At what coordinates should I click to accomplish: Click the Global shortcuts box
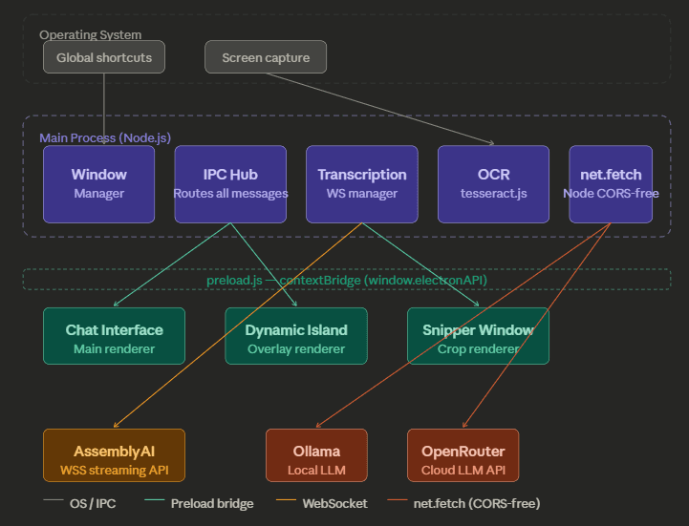pyautogui.click(x=104, y=57)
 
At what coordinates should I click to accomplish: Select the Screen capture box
pyautogui.click(x=266, y=57)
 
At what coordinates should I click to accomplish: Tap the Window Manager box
pyautogui.click(x=98, y=184)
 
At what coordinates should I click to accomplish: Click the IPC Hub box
pyautogui.click(x=230, y=184)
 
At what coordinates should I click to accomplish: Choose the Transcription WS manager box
pyautogui.click(x=361, y=184)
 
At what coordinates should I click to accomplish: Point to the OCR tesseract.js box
pyautogui.click(x=493, y=184)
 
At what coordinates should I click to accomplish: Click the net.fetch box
pyautogui.click(x=611, y=184)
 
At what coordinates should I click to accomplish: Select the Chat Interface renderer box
pyautogui.click(x=114, y=336)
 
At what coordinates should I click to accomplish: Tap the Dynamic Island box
pyautogui.click(x=295, y=336)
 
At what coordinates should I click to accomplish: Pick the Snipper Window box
pyautogui.click(x=478, y=336)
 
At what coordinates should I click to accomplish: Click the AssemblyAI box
pyautogui.click(x=114, y=455)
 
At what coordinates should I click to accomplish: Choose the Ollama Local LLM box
pyautogui.click(x=316, y=455)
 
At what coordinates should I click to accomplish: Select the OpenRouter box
pyautogui.click(x=463, y=455)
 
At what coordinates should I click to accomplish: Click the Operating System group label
pyautogui.click(x=90, y=35)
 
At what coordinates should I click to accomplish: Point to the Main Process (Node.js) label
pyautogui.click(x=105, y=138)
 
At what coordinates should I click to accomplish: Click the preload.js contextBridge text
pyautogui.click(x=346, y=280)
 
